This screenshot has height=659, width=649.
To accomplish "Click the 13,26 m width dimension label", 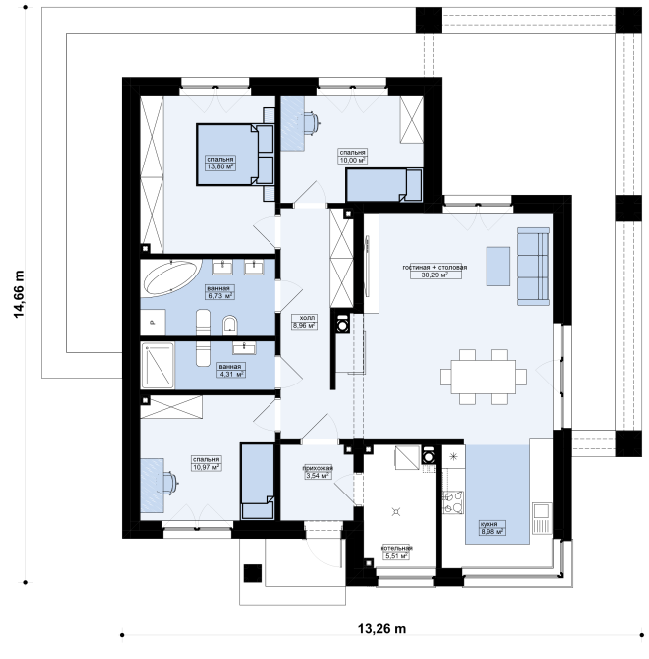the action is [x=381, y=628].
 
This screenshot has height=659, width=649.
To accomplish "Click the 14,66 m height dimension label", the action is [x=19, y=294].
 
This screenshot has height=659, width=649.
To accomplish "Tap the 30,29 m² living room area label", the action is [x=435, y=275].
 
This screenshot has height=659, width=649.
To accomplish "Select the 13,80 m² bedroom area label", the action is [x=220, y=166].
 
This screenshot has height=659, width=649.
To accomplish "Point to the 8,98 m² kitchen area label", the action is [x=492, y=531].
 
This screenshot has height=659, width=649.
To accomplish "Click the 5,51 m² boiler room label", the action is [x=396, y=556].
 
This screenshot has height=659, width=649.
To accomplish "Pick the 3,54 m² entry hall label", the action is [x=318, y=476].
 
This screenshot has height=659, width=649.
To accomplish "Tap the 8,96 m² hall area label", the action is [x=304, y=325].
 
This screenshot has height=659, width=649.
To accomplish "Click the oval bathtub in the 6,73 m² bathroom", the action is [x=172, y=277].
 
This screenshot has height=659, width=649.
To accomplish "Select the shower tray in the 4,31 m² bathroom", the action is [x=158, y=365].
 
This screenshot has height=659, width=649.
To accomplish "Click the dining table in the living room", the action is [x=484, y=377].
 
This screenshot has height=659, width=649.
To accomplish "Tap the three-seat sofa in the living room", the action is [x=533, y=267].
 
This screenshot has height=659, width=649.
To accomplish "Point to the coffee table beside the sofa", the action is [x=498, y=267].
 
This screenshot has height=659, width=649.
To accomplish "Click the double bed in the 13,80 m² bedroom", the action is [x=236, y=155].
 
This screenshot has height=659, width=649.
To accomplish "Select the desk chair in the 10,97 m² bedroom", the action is [x=170, y=482].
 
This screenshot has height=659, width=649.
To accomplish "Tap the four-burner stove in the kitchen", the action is [x=453, y=502].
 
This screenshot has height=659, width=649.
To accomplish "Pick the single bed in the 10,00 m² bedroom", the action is [x=383, y=185].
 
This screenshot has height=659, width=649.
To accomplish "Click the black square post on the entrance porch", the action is [x=253, y=573].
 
